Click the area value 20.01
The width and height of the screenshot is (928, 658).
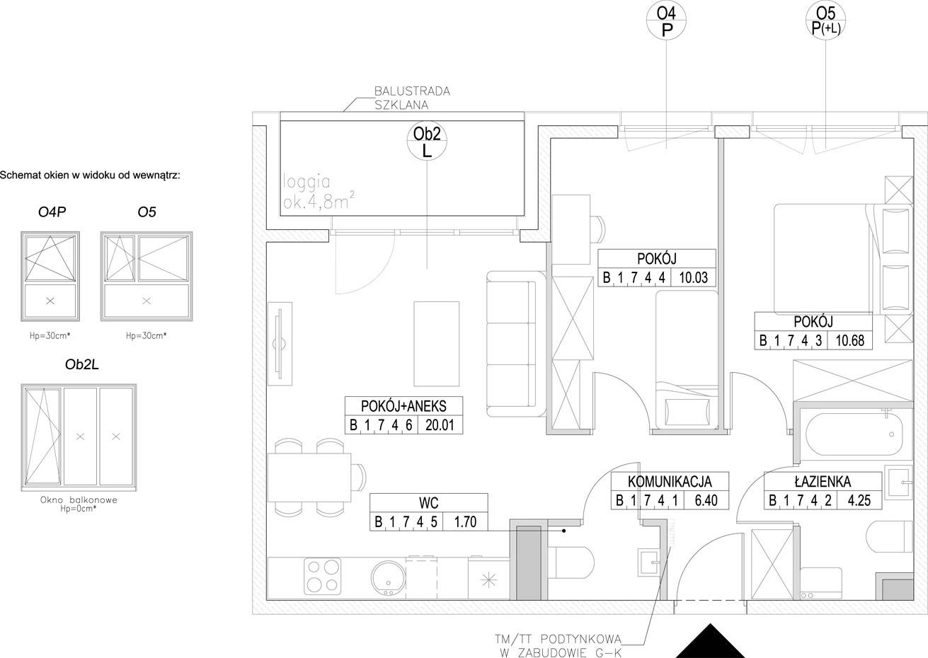point(440,425)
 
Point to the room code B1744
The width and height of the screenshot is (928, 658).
point(634,277)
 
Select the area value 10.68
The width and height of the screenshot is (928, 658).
point(849,341)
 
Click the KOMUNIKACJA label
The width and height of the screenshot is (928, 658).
point(670,482)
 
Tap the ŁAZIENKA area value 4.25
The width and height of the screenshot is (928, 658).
point(859,501)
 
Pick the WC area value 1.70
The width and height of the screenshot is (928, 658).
point(465,521)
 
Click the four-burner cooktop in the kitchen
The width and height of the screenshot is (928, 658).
point(323,576)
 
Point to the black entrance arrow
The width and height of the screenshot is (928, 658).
point(711,641)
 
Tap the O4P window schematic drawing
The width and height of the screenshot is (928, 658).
point(50,276)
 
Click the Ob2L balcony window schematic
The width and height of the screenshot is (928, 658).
point(79,437)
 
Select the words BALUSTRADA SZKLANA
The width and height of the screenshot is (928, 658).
point(412,98)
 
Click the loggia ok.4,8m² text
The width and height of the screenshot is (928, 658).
point(319,192)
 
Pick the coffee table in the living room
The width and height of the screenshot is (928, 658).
point(436,344)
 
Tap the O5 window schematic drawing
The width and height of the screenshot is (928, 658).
point(147,276)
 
